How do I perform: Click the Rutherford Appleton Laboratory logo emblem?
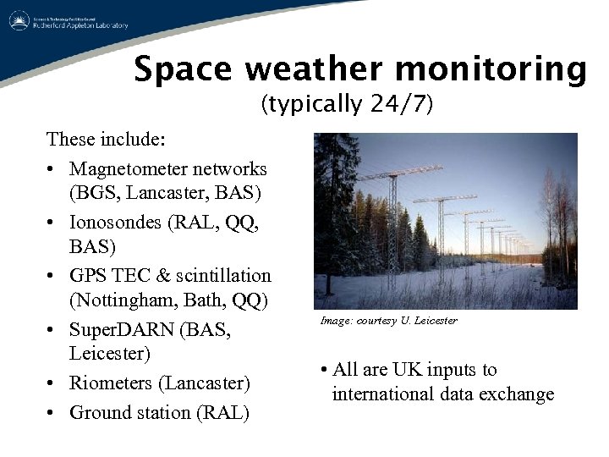tap(19, 22)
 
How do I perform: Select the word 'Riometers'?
tap(111, 383)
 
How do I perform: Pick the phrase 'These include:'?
tap(106, 139)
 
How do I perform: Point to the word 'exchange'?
tap(521, 394)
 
